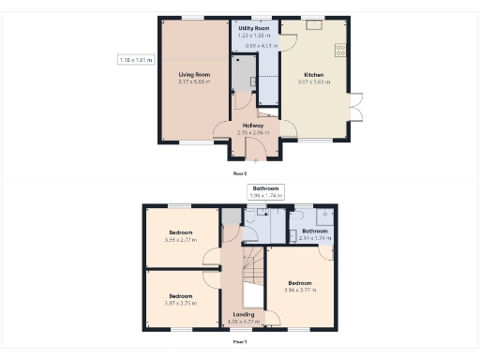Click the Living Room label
pos(194,74)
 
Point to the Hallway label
pos(253,125)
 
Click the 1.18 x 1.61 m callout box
pos(136,60)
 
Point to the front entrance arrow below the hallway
pos(255,161)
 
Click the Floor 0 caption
pos(240,173)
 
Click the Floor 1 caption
pos(240,342)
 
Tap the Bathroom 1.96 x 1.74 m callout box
pos(265,191)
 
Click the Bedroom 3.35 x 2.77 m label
pos(181,232)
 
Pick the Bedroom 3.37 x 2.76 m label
pos(181,295)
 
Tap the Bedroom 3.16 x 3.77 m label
pos(300,283)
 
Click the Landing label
pos(244,314)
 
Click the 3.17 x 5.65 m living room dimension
pos(194,82)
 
